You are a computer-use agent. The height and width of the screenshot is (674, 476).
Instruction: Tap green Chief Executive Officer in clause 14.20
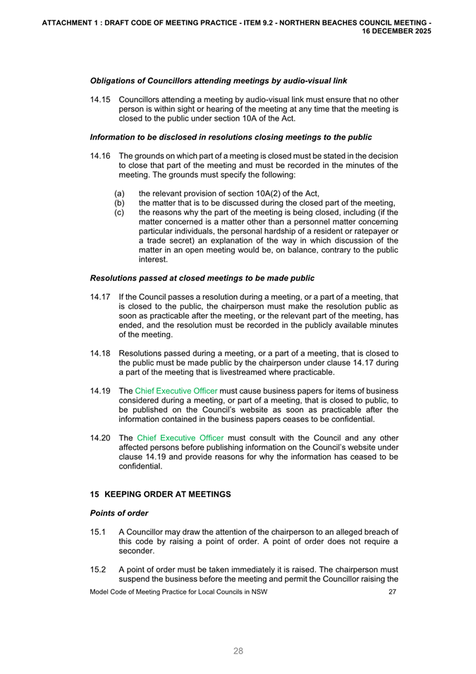[x=179, y=438]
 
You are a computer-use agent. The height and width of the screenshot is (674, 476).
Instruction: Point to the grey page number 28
[x=238, y=651]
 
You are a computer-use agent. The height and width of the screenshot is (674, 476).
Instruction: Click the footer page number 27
[x=393, y=591]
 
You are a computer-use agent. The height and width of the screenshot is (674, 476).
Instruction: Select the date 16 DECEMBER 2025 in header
[x=397, y=32]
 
